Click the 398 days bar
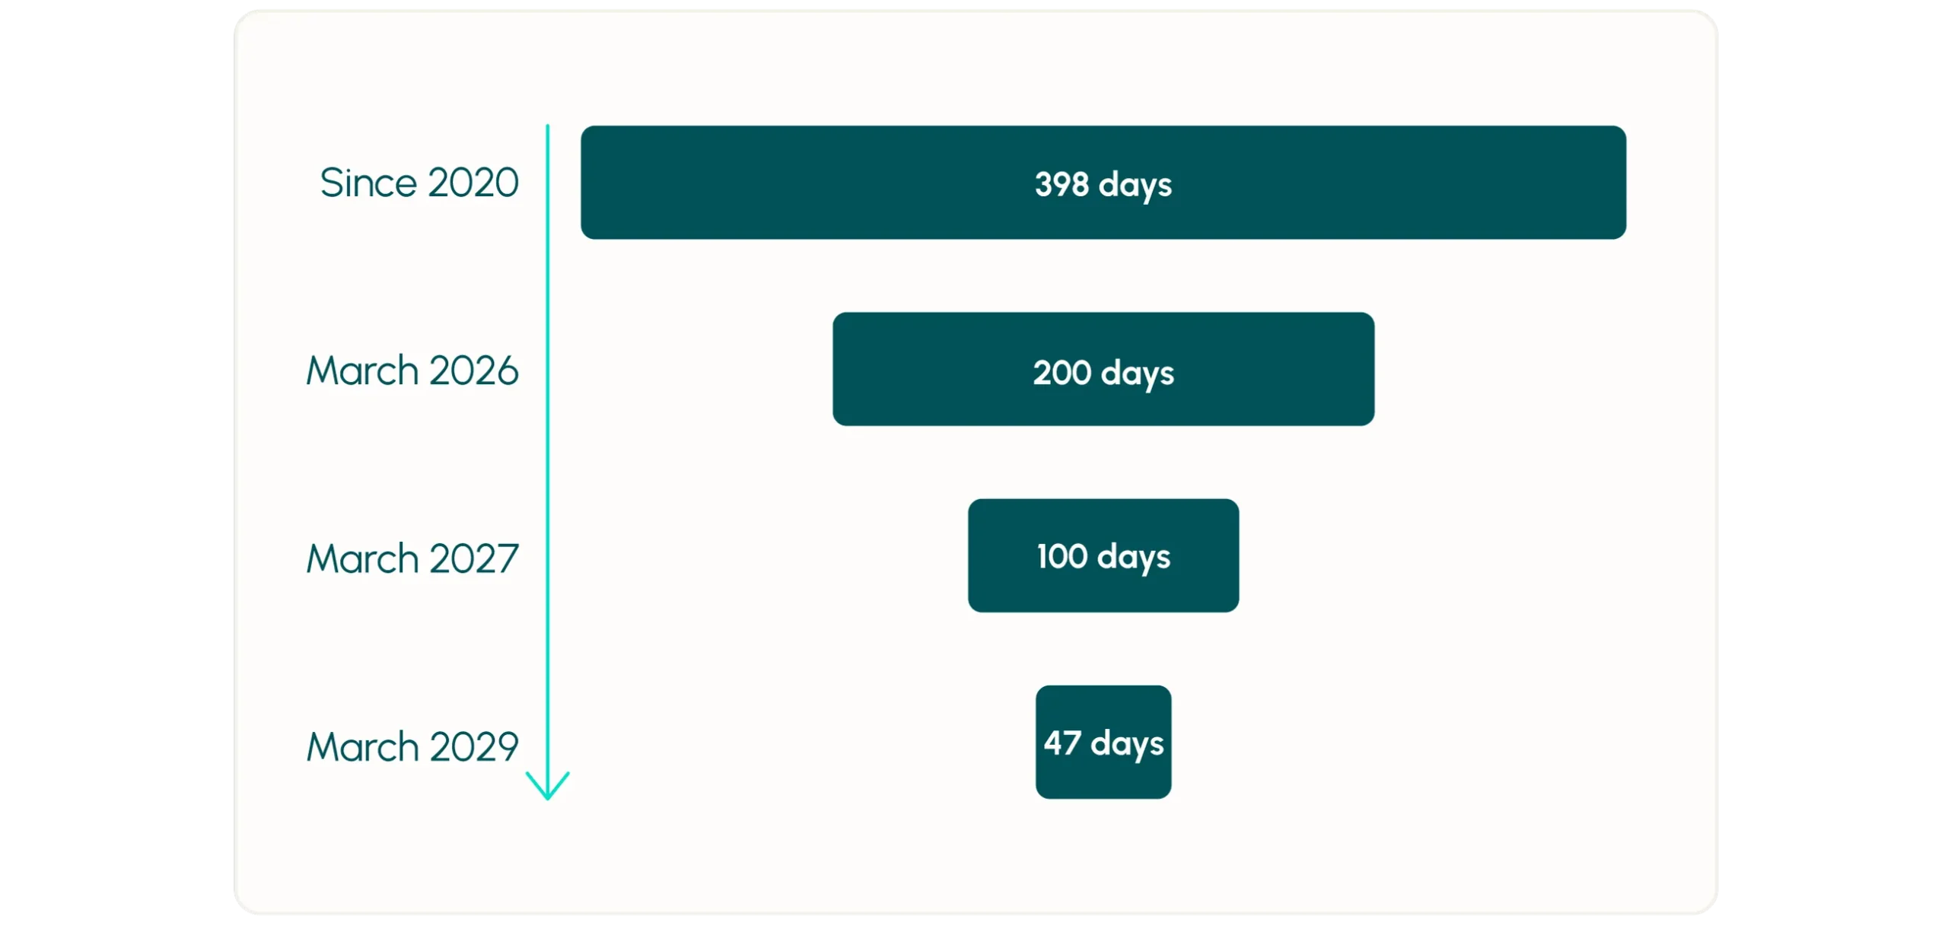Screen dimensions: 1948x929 pyautogui.click(x=1103, y=183)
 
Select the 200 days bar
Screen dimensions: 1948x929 pyautogui.click(x=1103, y=369)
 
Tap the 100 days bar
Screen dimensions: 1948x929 pyautogui.click(x=1103, y=555)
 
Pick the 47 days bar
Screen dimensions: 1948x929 pyautogui.click(x=1103, y=742)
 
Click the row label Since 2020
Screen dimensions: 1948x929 pyautogui.click(x=419, y=183)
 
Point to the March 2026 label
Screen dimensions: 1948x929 pyautogui.click(x=412, y=371)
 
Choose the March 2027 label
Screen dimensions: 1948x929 pyautogui.click(x=412, y=558)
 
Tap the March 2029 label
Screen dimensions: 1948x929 pyautogui.click(x=412, y=746)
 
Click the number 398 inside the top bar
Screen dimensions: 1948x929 pyautogui.click(x=1062, y=183)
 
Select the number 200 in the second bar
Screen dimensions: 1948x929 pyautogui.click(x=1062, y=372)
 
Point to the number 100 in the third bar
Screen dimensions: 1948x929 pyautogui.click(x=1062, y=556)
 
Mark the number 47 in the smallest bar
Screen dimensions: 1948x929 pyautogui.click(x=1062, y=743)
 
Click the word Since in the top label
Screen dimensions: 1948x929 pyautogui.click(x=368, y=183)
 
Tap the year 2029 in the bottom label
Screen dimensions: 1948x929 pyautogui.click(x=474, y=746)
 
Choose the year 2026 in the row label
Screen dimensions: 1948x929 pyautogui.click(x=474, y=371)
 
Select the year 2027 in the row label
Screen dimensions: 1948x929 pyautogui.click(x=474, y=558)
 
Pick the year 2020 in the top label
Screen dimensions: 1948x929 pyautogui.click(x=473, y=183)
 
